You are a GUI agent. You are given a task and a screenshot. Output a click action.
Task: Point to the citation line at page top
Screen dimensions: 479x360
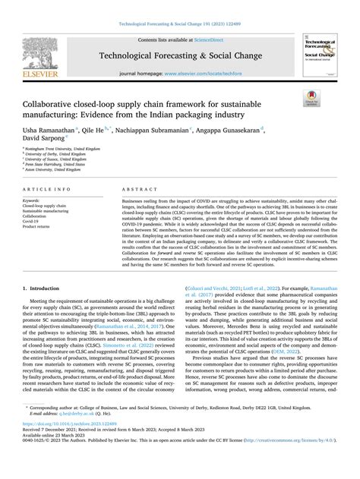pos(179,14)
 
